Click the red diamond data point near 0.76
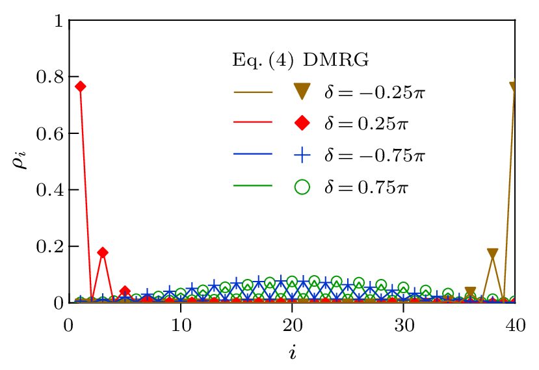click(81, 86)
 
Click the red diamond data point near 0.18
click(103, 252)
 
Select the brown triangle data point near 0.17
click(493, 254)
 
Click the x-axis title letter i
click(293, 354)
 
